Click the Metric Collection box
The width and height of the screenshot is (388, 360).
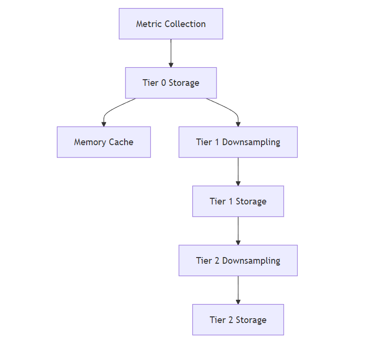pyautogui.click(x=171, y=24)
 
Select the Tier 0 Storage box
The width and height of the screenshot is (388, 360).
pyautogui.click(x=171, y=83)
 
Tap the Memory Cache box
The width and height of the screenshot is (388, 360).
pyautogui.click(x=103, y=142)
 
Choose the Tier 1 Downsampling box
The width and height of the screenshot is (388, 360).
pyautogui.click(x=238, y=142)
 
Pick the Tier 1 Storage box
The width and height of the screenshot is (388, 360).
pyautogui.click(x=238, y=201)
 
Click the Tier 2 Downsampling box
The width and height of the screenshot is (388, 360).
pyautogui.click(x=238, y=260)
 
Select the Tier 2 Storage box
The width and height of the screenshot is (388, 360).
pyautogui.click(x=238, y=320)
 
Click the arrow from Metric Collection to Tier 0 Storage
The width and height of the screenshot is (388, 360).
pyautogui.click(x=171, y=53)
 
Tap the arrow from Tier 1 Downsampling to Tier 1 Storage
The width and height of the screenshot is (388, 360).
pyautogui.click(x=238, y=171)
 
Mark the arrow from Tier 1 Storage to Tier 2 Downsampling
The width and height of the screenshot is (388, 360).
pyautogui.click(x=238, y=231)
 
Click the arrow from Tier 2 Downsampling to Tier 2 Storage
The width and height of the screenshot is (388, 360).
pyautogui.click(x=238, y=290)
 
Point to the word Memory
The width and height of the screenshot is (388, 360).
pyautogui.click(x=90, y=142)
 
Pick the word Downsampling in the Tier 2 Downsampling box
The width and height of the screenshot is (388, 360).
pyautogui.click(x=251, y=260)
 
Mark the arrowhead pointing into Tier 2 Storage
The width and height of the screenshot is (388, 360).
pyautogui.click(x=238, y=302)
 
